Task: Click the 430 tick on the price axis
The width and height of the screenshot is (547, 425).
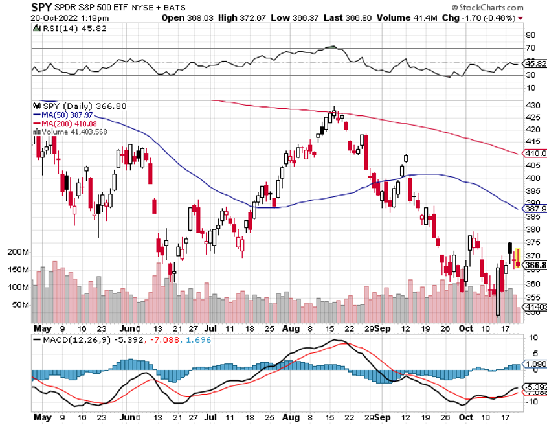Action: point(531,105)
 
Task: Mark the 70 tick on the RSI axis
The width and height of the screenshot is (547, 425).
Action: point(530,49)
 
